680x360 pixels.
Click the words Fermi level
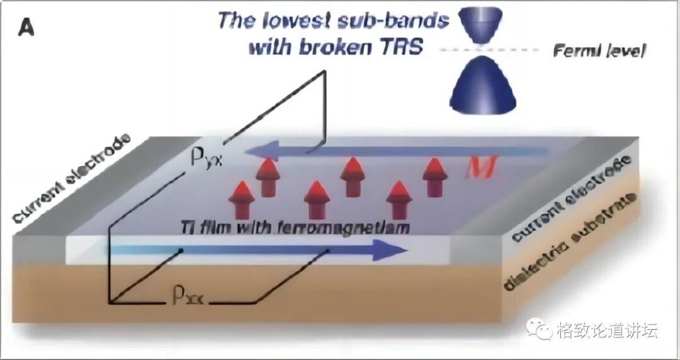click(x=599, y=51)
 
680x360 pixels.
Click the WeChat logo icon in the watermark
click(x=540, y=330)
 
